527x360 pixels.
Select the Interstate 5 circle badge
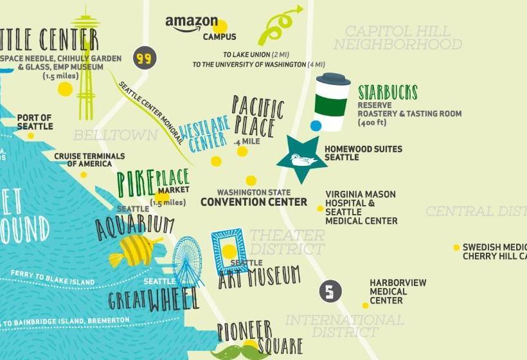(x=330, y=292)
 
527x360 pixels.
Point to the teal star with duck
(x=302, y=158)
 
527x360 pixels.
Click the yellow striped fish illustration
(x=136, y=250)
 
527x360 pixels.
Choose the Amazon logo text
(x=192, y=23)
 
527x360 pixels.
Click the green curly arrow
(x=278, y=26)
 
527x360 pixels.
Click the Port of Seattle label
(x=35, y=122)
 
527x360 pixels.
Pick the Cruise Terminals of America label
(x=89, y=160)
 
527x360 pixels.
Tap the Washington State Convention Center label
(x=253, y=198)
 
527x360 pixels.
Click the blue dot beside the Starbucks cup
(x=316, y=125)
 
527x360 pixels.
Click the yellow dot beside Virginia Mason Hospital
(x=320, y=208)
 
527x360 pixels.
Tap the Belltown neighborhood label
(x=115, y=135)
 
